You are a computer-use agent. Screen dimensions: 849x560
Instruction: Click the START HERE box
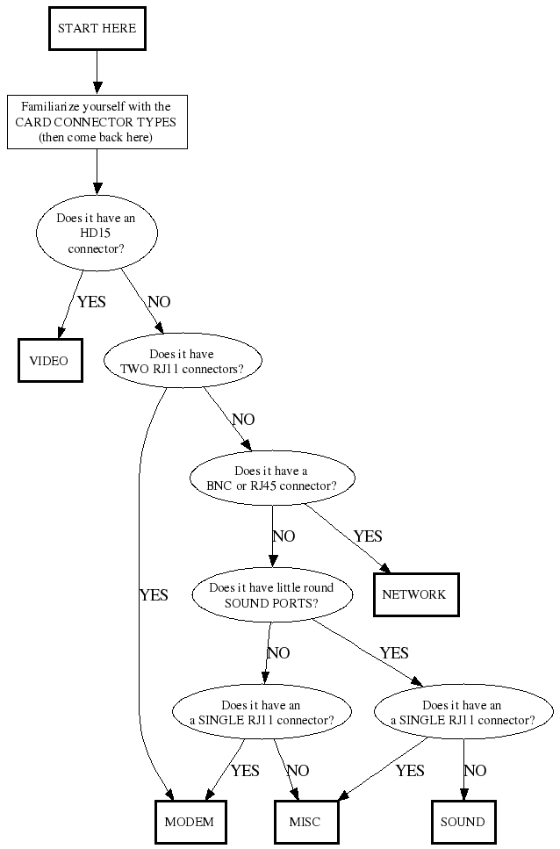[97, 29]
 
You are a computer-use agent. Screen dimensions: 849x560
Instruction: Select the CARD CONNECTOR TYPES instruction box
[97, 122]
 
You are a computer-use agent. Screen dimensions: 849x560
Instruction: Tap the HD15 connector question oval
[97, 234]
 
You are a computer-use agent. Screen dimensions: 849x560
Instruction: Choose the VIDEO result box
[49, 361]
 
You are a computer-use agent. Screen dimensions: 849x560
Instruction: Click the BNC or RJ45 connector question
[271, 478]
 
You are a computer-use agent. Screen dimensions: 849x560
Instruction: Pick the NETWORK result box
[415, 594]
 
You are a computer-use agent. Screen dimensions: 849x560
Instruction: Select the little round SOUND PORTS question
[271, 595]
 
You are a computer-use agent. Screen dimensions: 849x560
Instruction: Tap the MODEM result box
[190, 822]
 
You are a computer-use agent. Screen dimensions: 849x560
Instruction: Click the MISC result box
[305, 822]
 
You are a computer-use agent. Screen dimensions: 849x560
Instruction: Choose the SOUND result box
[463, 822]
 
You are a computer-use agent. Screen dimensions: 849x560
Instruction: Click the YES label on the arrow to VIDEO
[91, 302]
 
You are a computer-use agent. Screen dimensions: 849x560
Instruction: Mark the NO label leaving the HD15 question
[159, 302]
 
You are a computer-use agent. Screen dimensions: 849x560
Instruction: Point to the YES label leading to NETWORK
[368, 536]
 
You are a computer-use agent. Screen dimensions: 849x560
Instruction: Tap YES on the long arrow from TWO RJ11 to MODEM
[154, 595]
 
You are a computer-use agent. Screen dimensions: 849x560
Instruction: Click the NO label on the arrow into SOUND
[475, 771]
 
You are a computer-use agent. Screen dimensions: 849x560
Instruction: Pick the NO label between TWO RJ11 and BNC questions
[243, 420]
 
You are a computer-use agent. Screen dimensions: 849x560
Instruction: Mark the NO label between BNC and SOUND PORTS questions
[284, 536]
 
